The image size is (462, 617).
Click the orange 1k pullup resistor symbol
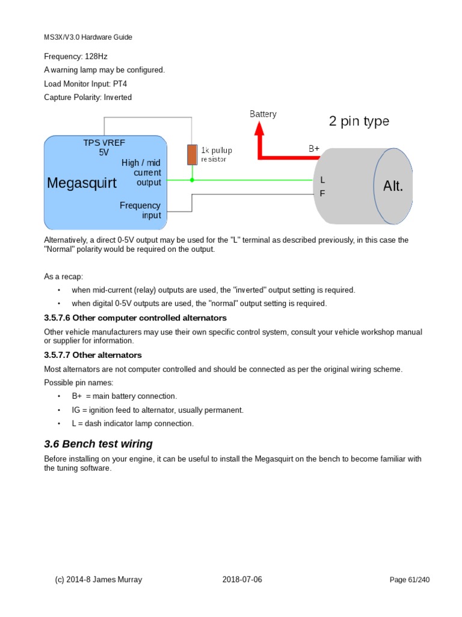click(192, 155)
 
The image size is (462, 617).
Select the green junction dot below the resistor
click(192, 180)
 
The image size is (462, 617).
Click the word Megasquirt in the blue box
click(82, 183)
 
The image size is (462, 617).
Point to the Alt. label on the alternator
click(393, 186)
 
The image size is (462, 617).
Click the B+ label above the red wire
click(314, 148)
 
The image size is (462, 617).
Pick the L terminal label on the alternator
click(322, 180)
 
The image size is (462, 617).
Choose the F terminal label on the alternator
click(322, 194)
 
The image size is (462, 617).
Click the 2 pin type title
click(359, 121)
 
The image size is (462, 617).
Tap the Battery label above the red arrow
click(263, 114)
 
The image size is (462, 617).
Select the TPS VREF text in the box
click(104, 142)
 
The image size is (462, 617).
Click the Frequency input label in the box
click(140, 210)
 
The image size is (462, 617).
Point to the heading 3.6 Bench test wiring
click(98, 444)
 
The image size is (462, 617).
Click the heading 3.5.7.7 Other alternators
click(93, 355)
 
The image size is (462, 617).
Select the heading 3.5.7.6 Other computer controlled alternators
click(135, 318)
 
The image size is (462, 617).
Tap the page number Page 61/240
click(410, 580)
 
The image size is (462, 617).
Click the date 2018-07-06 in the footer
click(242, 580)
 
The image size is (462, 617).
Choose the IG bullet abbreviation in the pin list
click(76, 410)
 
